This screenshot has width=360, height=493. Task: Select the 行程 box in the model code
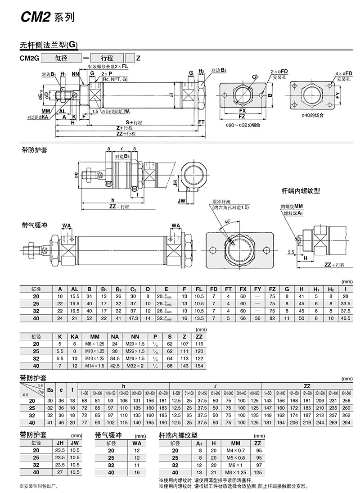tap(107, 58)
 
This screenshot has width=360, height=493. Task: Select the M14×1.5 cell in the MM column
tap(95, 366)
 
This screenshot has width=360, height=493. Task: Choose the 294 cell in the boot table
tap(346, 423)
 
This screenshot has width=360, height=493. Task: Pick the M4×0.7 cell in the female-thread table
tap(235, 451)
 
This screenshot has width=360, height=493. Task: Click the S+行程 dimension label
tap(134, 122)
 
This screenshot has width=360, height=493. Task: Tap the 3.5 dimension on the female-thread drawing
tap(291, 253)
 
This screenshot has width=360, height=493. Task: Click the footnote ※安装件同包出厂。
tap(39, 486)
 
